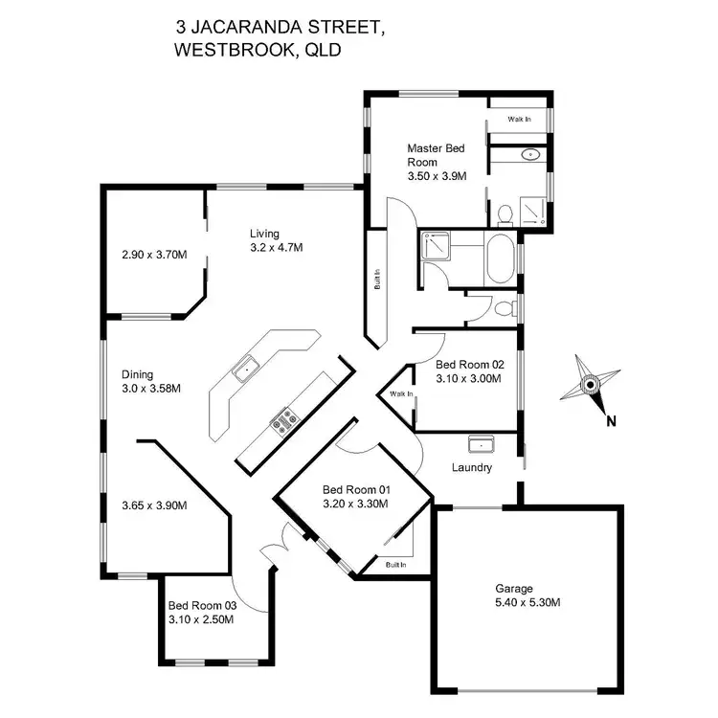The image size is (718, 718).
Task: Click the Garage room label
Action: (x=514, y=589)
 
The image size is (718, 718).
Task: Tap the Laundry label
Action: (x=472, y=468)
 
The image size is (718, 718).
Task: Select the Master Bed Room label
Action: (x=436, y=155)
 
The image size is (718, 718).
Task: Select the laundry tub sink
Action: (x=480, y=444)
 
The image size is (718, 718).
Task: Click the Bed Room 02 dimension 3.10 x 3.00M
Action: (x=469, y=379)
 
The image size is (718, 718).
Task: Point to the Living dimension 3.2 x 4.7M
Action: (x=276, y=248)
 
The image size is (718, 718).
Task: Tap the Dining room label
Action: (x=138, y=374)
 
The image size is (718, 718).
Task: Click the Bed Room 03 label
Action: (x=201, y=605)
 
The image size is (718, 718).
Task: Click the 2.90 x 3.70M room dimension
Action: (x=154, y=256)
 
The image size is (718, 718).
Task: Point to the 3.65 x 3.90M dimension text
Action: (x=154, y=505)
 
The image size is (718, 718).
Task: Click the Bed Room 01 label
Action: (x=354, y=488)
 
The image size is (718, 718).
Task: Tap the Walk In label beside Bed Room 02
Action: (x=401, y=393)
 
